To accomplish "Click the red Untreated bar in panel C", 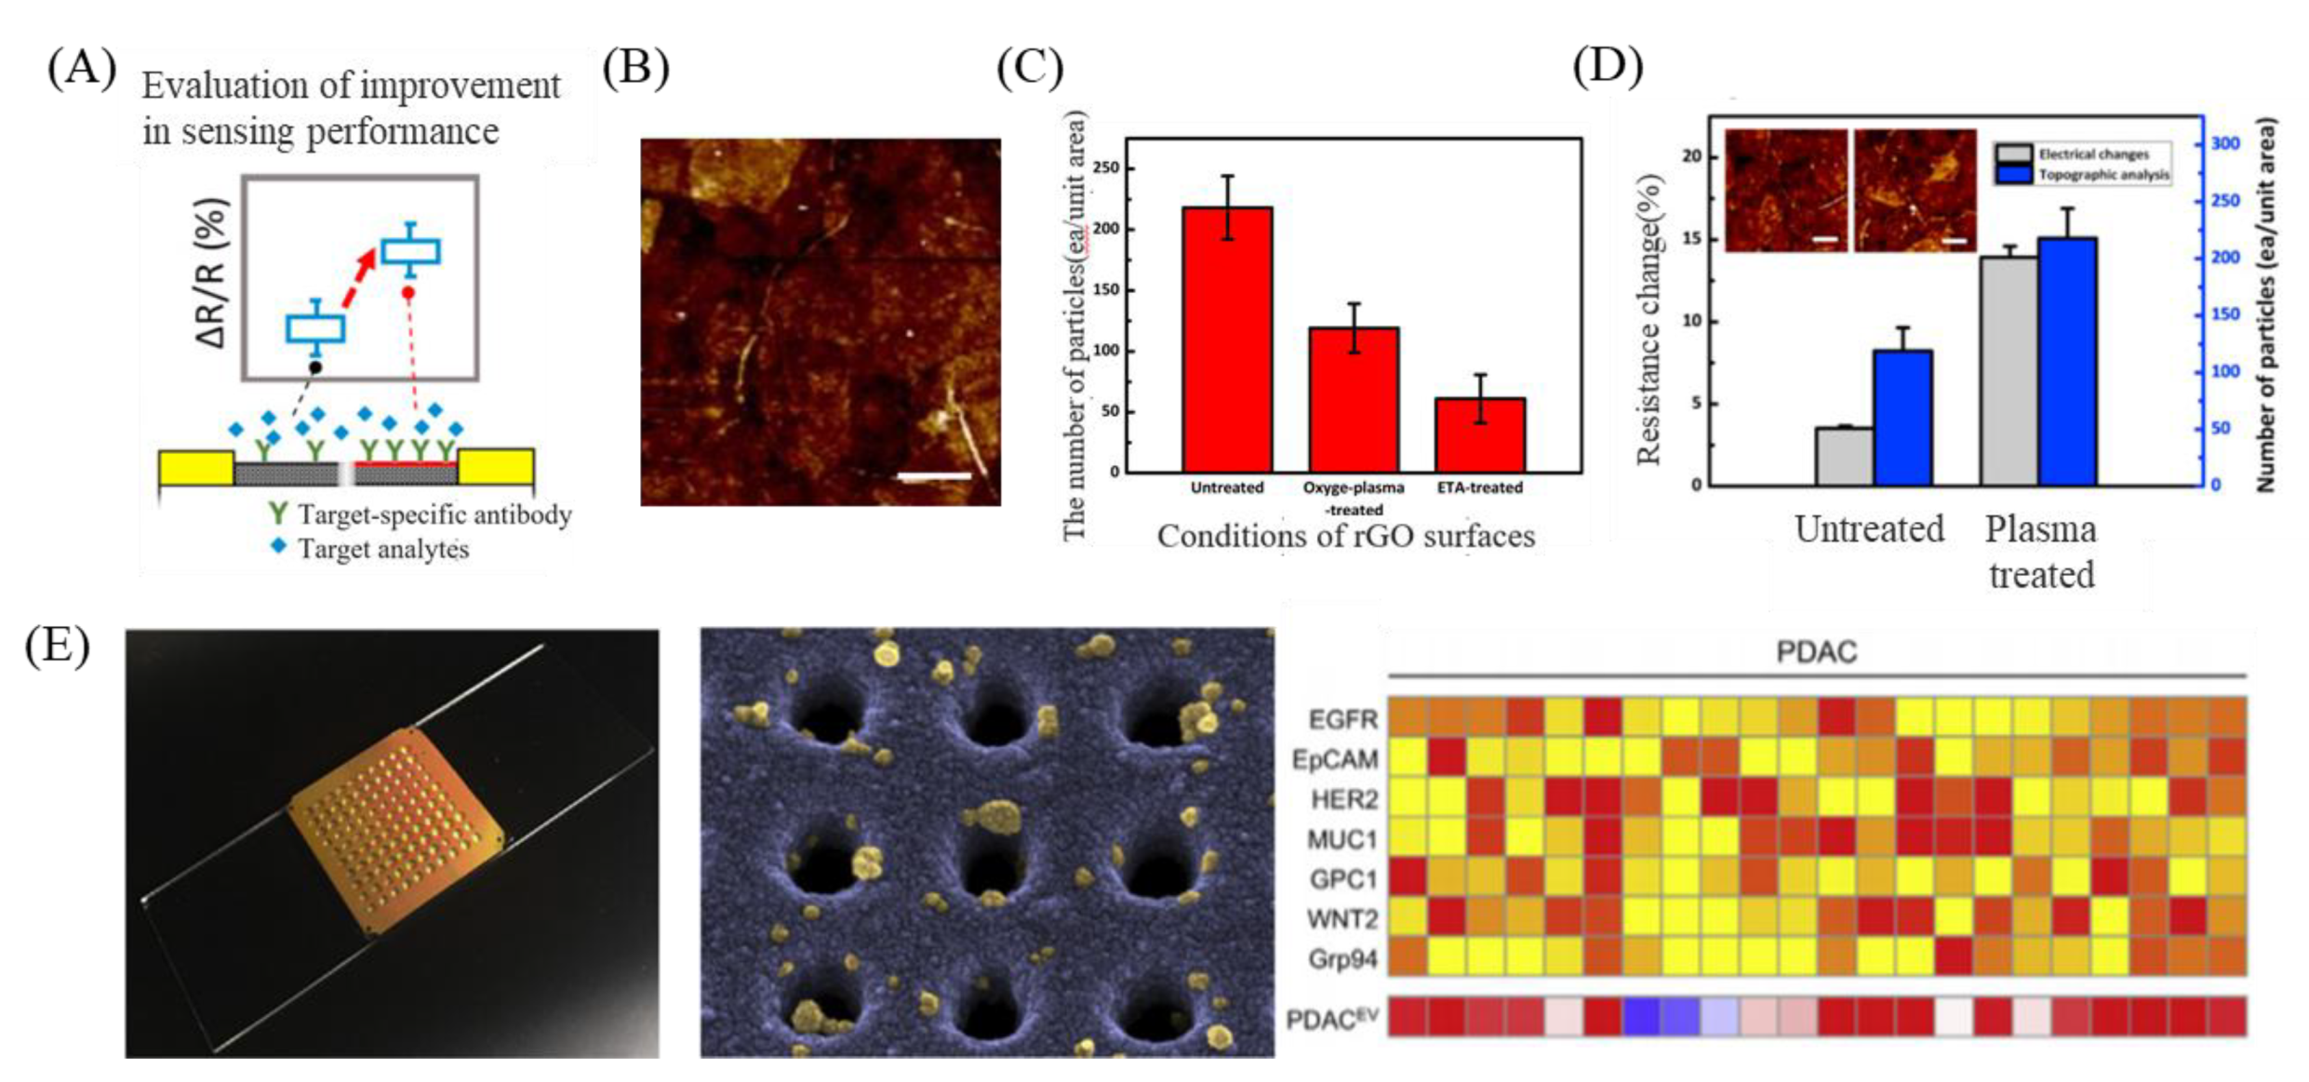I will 1227,340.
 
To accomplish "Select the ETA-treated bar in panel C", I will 1479,434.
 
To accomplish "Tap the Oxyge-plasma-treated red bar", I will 1354,399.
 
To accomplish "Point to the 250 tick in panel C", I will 1106,168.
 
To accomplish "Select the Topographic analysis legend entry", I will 2102,174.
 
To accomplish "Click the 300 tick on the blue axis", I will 2225,143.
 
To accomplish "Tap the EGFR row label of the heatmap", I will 1342,719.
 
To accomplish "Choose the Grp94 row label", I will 1341,958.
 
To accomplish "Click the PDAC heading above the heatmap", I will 1816,652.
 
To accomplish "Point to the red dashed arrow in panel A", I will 359,276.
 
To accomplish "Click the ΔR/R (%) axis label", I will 212,274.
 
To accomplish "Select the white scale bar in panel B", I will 934,476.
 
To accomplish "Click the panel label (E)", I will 58,644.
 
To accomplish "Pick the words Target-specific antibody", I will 434,515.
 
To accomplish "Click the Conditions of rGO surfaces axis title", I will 1345,537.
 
